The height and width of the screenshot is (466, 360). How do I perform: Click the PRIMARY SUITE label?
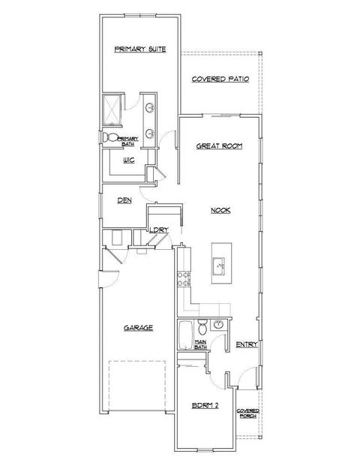pyautogui.click(x=139, y=50)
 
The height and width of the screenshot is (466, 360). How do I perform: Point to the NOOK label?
pyautogui.click(x=220, y=210)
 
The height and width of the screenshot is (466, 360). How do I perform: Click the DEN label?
pyautogui.click(x=124, y=200)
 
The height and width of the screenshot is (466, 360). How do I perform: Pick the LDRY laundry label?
pyautogui.click(x=157, y=230)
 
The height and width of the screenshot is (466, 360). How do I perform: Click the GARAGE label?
pyautogui.click(x=138, y=328)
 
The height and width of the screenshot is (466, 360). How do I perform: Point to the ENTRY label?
pyautogui.click(x=247, y=344)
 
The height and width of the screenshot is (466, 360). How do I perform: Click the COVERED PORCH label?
pyautogui.click(x=248, y=413)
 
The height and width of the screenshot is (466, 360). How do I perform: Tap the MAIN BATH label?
pyautogui.click(x=201, y=344)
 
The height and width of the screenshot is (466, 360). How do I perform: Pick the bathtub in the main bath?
pyautogui.click(x=184, y=335)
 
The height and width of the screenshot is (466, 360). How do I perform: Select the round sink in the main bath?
pyautogui.click(x=218, y=325)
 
